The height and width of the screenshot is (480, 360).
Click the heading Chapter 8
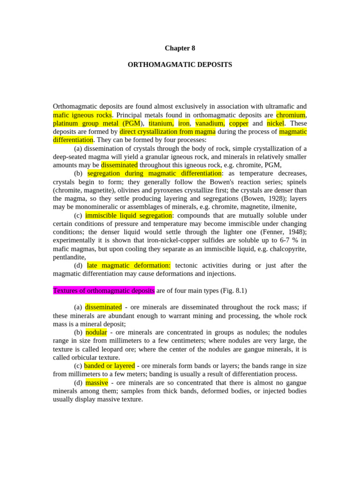(180, 48)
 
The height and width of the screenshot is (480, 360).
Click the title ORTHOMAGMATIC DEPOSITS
(180, 65)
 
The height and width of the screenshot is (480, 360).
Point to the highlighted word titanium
(161, 123)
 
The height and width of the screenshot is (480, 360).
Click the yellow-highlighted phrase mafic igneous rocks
(82, 115)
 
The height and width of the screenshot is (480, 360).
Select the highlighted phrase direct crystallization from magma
(167, 132)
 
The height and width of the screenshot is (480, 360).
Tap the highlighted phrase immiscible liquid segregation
(128, 216)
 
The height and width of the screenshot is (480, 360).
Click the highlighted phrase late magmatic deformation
(129, 266)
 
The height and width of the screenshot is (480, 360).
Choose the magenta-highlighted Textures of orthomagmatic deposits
(104, 291)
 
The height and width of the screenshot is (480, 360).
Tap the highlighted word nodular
(96, 332)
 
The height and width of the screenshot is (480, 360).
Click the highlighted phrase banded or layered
(109, 366)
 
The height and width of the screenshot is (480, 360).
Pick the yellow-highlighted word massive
(97, 383)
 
